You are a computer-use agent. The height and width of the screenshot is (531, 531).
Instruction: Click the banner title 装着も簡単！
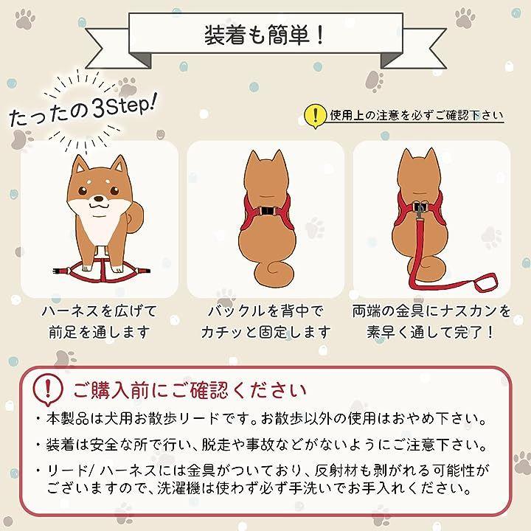(265, 35)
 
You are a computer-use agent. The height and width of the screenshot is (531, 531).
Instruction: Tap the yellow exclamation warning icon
(315, 116)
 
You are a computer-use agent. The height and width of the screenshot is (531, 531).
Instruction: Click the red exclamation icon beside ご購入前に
(48, 389)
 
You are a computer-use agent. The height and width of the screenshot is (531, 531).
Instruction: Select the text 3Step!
(125, 105)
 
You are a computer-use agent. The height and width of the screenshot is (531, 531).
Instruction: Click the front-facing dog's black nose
(99, 199)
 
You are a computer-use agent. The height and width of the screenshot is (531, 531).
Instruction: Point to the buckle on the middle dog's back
(267, 211)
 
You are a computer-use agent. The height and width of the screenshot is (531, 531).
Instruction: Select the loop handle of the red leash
(486, 282)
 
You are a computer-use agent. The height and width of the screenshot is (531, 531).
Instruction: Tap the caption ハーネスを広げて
(100, 311)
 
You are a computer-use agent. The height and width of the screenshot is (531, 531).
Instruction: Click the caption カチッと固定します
(265, 332)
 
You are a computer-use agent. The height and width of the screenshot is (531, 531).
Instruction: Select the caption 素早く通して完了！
(431, 332)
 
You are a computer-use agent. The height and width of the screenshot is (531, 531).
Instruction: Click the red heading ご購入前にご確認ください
(190, 390)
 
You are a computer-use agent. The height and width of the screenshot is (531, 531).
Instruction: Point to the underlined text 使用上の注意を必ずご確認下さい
(417, 116)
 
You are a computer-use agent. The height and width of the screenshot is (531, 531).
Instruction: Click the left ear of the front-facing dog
(80, 165)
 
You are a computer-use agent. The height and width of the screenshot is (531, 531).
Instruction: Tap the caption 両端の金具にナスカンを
(431, 311)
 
